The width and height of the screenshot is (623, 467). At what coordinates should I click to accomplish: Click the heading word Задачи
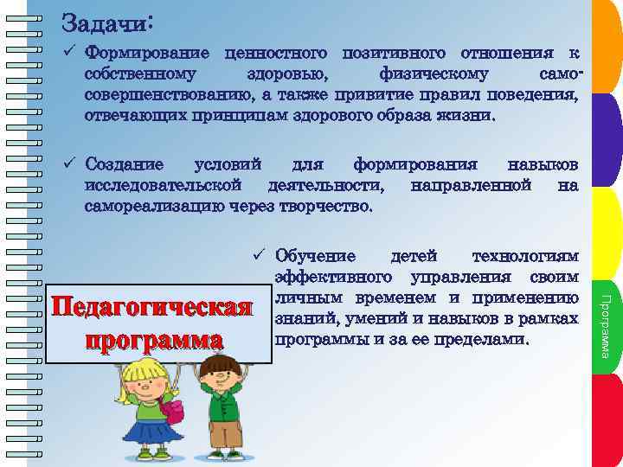coord(104,21)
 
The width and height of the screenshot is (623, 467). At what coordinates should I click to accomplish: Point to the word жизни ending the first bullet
coord(472,113)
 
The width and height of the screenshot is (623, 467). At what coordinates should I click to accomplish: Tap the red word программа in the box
coord(152,338)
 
